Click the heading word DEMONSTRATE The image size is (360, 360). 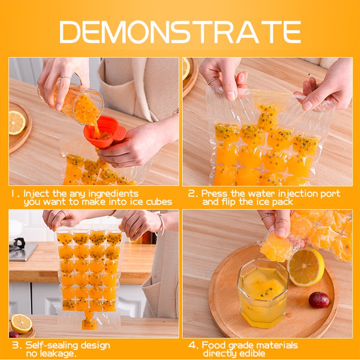(x=180, y=32)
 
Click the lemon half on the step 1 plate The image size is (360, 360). (x=17, y=122)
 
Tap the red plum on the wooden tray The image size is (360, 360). (x=319, y=300)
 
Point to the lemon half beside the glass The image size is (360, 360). (x=306, y=267)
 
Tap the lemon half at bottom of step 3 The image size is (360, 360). (x=21, y=324)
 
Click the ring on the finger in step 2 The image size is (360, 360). (x=213, y=81)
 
